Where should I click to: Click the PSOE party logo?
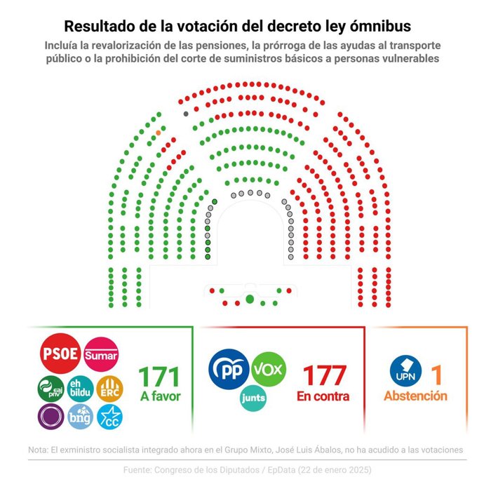coord(60,355)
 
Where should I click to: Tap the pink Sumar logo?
coord(101,355)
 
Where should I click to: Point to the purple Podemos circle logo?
coord(51,417)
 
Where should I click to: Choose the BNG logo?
coord(80,418)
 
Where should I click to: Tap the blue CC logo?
coord(109,418)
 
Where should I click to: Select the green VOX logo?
coord(269,368)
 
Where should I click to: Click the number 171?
coord(159,377)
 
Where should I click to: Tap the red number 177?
coord(323,377)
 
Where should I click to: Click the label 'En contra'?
coord(323,397)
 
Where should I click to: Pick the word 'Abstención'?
coord(415,396)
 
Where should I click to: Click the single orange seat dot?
coord(158,132)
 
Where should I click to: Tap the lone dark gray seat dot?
coord(185,114)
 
